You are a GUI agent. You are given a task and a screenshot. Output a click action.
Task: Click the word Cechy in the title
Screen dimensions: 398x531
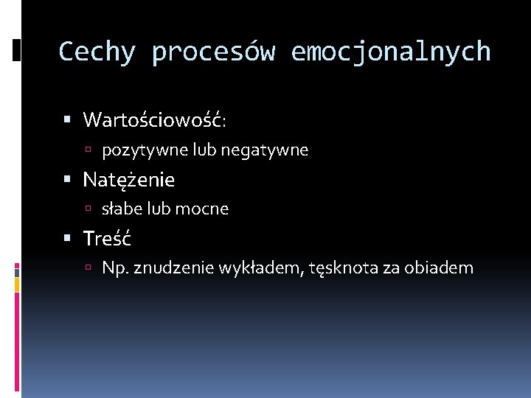97,52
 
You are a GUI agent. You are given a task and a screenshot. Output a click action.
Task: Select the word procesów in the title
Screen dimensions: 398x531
214,52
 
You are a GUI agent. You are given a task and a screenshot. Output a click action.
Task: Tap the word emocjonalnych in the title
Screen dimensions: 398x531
391,52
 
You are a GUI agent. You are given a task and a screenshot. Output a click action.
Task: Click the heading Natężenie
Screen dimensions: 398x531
129,179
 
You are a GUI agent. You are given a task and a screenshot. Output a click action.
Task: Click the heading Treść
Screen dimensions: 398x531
108,238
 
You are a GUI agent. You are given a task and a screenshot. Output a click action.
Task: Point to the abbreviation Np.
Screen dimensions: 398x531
114,268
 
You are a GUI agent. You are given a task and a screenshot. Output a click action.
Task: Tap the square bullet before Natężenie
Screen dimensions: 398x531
67,179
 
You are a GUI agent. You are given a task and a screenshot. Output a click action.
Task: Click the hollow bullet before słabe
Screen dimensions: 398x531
88,210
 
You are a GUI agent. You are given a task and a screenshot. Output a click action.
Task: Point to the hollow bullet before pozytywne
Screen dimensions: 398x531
88,151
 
